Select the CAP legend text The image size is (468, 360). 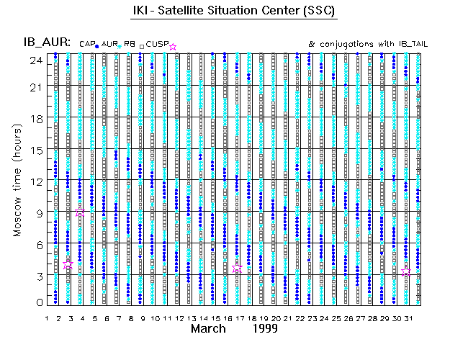(86, 45)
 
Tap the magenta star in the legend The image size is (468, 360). (173, 47)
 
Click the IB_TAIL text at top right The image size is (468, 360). (413, 45)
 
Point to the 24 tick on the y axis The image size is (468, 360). (33, 60)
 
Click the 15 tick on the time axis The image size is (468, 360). (33, 150)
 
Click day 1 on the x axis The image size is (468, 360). (47, 318)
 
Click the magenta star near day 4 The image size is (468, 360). (81, 213)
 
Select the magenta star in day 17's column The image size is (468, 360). (238, 267)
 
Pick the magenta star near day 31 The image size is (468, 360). (407, 272)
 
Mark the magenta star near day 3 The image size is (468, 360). (68, 265)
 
